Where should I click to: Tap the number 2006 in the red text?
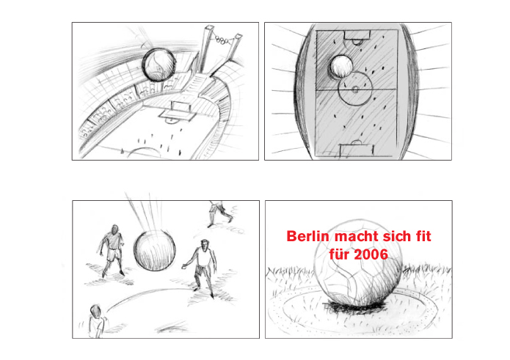[371, 254]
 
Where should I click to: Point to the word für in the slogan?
[340, 254]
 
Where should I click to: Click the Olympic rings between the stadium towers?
[222, 40]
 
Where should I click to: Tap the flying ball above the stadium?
[159, 65]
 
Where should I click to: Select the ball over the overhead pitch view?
[341, 67]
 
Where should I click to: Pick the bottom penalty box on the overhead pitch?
[357, 150]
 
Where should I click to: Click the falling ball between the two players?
[155, 251]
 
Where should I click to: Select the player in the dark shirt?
[112, 249]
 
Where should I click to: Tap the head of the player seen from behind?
[95, 312]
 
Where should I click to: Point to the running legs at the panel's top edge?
[221, 213]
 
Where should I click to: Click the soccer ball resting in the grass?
[357, 262]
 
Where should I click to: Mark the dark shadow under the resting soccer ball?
[356, 306]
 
